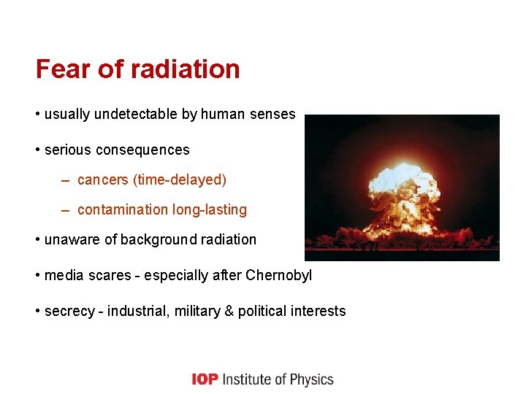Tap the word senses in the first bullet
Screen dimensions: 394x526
272,114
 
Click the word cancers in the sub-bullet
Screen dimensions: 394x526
103,179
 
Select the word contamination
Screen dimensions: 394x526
122,210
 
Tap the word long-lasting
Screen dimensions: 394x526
210,210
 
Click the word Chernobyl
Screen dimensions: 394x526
279,276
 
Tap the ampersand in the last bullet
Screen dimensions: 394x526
229,312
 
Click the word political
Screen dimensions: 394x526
262,312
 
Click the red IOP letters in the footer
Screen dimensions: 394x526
205,379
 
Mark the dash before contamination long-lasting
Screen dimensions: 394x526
65,210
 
